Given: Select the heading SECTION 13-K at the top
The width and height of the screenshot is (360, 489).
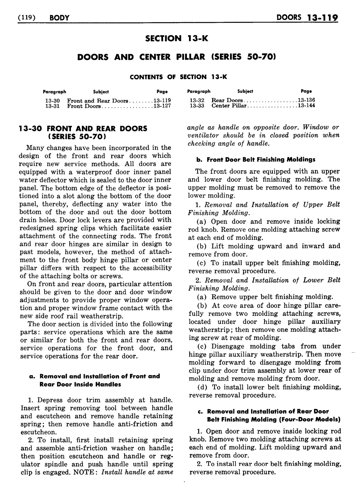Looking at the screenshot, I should [176, 39].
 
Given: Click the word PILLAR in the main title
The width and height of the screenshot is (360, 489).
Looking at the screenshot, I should [191, 57].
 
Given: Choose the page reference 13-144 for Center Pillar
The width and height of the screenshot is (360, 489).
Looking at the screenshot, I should [306, 106].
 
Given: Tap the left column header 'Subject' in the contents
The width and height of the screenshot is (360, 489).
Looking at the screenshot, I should [101, 92].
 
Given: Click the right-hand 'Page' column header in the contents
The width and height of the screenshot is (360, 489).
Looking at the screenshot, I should [306, 91].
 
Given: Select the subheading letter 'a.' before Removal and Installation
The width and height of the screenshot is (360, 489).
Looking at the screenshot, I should [33, 376].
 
